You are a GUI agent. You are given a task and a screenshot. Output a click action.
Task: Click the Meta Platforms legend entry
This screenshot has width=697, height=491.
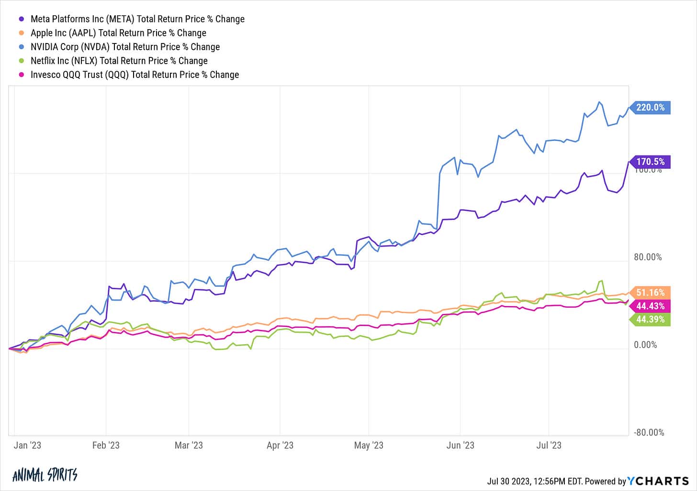(x=137, y=19)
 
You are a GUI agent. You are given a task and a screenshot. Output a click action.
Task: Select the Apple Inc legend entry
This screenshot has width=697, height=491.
(x=118, y=33)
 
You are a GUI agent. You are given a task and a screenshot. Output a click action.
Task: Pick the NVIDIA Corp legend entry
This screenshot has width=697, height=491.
(x=125, y=47)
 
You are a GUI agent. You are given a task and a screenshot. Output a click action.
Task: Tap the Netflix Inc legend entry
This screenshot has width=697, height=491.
(x=119, y=61)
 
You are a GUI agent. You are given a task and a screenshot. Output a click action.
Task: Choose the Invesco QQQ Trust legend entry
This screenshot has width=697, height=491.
(x=135, y=75)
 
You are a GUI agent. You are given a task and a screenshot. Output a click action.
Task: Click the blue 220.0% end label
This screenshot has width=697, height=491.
(x=650, y=108)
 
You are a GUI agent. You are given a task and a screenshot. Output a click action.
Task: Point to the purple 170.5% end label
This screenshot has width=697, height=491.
(x=650, y=162)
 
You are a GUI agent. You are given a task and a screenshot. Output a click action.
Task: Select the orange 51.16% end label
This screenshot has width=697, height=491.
(x=650, y=293)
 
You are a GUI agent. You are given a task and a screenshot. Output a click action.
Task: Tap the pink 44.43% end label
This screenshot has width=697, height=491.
(x=650, y=306)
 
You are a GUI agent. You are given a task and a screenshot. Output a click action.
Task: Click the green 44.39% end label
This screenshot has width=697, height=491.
(x=650, y=319)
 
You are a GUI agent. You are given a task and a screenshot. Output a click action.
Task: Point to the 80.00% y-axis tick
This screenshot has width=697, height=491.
(x=648, y=257)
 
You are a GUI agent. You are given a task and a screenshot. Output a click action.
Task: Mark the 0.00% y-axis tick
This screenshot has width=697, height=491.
(x=645, y=345)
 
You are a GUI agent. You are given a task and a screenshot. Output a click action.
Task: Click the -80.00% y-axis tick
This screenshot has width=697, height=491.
(x=649, y=433)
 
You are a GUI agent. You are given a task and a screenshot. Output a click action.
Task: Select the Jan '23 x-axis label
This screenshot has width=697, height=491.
(x=27, y=446)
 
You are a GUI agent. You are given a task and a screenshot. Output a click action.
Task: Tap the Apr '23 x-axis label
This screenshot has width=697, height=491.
(x=280, y=446)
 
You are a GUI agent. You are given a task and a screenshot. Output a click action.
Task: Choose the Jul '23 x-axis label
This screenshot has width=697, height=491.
(x=549, y=446)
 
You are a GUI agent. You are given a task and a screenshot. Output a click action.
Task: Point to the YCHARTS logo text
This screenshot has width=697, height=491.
(x=658, y=481)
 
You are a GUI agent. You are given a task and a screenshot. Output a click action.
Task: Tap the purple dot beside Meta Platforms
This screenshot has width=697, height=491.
(x=21, y=19)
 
